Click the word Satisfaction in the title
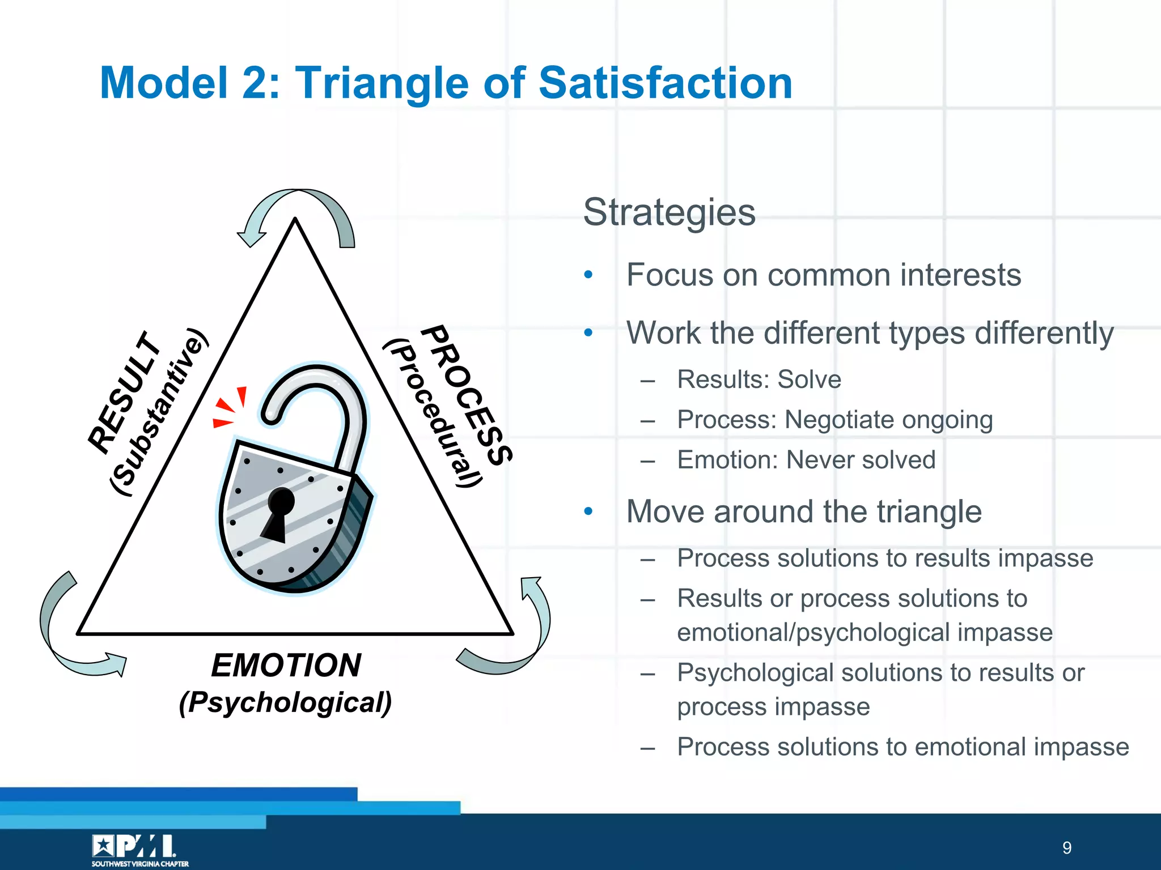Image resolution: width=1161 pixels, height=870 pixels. [664, 83]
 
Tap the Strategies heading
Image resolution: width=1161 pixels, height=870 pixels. [669, 212]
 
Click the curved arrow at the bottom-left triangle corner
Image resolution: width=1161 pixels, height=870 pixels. [68, 634]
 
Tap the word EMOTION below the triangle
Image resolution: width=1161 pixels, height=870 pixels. [286, 665]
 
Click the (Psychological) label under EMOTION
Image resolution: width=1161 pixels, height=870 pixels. [286, 703]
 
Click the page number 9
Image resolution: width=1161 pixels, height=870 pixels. [1067, 848]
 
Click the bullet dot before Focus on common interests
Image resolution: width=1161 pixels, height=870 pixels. [588, 275]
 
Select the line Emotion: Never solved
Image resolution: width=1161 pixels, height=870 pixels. [806, 460]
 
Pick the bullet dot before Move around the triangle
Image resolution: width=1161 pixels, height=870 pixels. [588, 511]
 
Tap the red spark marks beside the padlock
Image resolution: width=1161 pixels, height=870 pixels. [230, 407]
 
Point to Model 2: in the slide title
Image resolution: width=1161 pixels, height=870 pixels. [190, 83]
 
